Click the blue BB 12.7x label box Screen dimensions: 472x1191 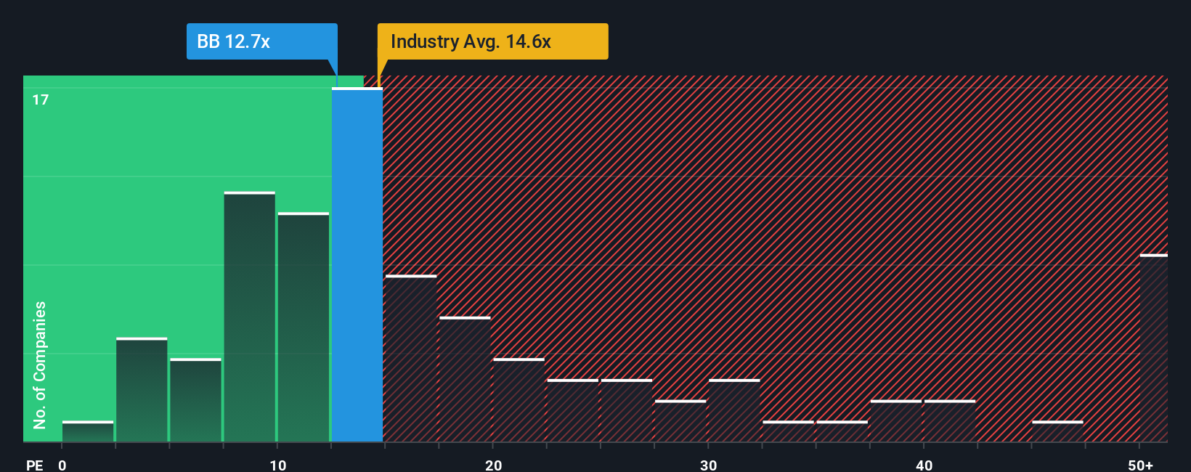[261, 41]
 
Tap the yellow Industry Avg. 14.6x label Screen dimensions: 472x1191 [492, 41]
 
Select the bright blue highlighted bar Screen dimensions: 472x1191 [357, 265]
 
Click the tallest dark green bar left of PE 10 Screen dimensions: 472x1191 [250, 317]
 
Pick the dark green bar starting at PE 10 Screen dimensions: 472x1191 [304, 327]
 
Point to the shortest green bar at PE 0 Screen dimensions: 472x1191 [88, 431]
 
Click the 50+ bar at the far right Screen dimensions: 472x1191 [1153, 349]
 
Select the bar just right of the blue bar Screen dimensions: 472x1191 [411, 359]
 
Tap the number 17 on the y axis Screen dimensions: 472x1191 [41, 99]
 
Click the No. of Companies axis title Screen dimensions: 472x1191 [40, 365]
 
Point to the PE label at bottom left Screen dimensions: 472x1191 [34, 465]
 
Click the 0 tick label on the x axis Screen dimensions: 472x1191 [62, 465]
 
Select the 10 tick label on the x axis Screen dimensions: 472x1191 [277, 465]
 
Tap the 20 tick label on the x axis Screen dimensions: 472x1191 [493, 465]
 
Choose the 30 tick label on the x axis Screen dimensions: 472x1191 [708, 465]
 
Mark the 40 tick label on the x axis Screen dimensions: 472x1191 [924, 465]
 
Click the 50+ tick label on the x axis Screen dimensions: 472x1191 [1140, 465]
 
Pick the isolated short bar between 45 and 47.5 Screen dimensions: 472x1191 [1057, 431]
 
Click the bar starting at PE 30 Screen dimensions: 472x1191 [734, 411]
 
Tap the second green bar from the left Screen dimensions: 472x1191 [142, 390]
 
